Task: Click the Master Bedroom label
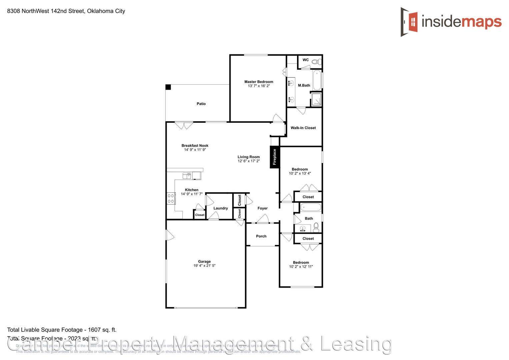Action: pyautogui.click(x=259, y=82)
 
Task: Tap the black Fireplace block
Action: pyautogui.click(x=275, y=157)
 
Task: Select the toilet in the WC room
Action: pyautogui.click(x=318, y=62)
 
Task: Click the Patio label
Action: pyautogui.click(x=201, y=104)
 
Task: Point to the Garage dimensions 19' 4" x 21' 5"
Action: pyautogui.click(x=204, y=266)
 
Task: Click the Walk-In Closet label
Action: pyautogui.click(x=303, y=128)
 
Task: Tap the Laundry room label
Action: pyautogui.click(x=220, y=208)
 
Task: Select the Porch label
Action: pyautogui.click(x=261, y=236)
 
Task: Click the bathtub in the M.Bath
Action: pyautogui.click(x=317, y=80)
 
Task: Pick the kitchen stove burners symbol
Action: pyautogui.click(x=171, y=198)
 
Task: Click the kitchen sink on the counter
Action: pyautogui.click(x=187, y=175)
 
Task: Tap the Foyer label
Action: pyautogui.click(x=262, y=208)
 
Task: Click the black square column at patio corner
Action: pyautogui.click(x=168, y=87)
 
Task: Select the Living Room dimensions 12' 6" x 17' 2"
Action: pyautogui.click(x=249, y=161)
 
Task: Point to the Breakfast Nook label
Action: pyautogui.click(x=195, y=145)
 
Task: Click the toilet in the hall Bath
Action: pyautogui.click(x=316, y=227)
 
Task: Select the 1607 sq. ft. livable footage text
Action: pyautogui.click(x=102, y=330)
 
